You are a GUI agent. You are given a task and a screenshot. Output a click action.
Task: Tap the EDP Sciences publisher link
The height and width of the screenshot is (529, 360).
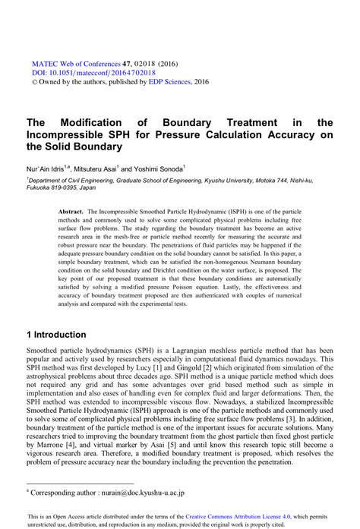(171, 81)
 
